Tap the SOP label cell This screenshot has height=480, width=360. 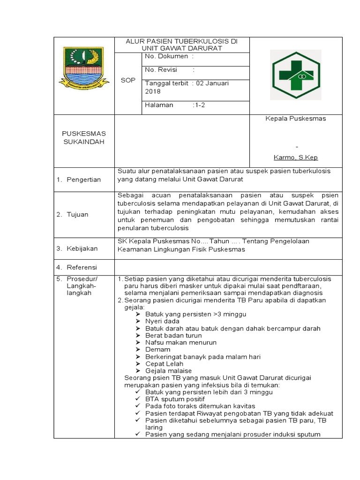(x=128, y=80)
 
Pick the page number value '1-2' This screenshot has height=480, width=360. (x=200, y=105)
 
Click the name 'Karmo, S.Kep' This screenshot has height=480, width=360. (x=296, y=157)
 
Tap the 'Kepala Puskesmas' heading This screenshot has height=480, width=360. (x=296, y=119)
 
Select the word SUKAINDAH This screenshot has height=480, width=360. (x=84, y=142)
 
